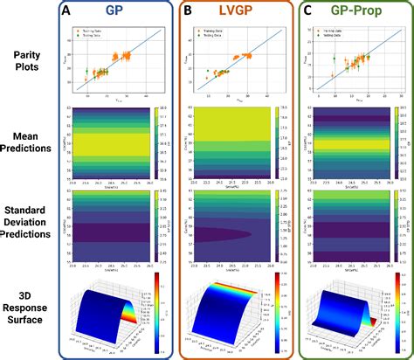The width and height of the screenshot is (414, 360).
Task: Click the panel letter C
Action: click(x=307, y=11)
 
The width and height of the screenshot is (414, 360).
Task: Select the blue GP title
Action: click(x=114, y=11)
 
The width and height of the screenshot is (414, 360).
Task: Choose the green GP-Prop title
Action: click(x=358, y=11)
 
